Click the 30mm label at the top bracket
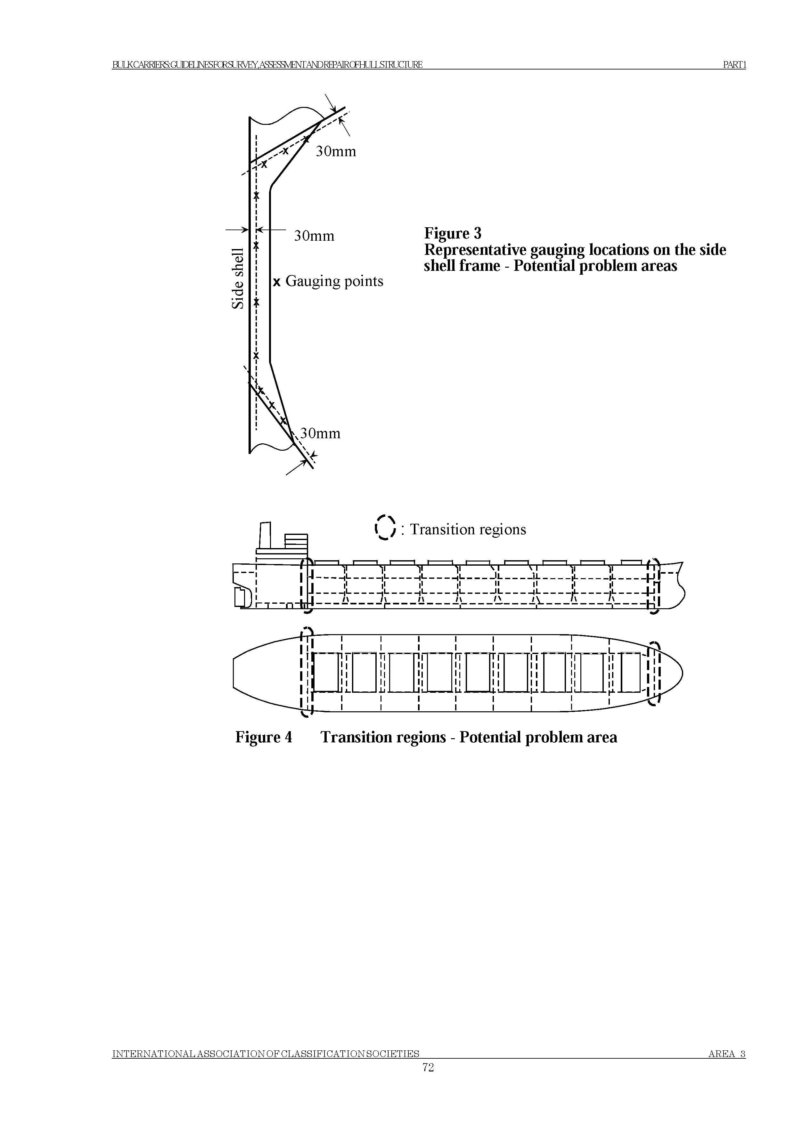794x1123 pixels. pos(336,152)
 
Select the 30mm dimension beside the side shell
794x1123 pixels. pos(314,236)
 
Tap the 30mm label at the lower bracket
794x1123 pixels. pos(320,433)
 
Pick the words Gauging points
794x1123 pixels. pos(334,281)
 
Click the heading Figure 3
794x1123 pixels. pos(453,233)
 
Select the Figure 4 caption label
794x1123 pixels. pos(264,737)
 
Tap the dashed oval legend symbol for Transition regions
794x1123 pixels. pos(385,528)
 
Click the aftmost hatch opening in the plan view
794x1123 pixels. pos(326,673)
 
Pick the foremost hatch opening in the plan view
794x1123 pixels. pos(630,673)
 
